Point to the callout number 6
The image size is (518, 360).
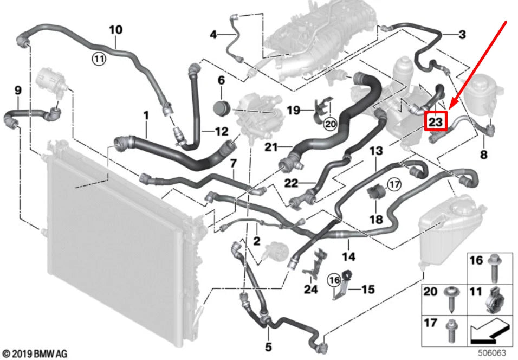pos(221,80)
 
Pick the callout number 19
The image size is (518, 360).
pos(293,110)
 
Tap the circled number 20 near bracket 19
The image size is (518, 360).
pos(330,124)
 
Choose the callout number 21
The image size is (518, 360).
pos(271,146)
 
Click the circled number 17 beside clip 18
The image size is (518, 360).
pos(394,184)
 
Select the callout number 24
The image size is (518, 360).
pos(310,290)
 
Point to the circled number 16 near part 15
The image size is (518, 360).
pos(334,280)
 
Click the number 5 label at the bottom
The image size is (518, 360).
pos(268,346)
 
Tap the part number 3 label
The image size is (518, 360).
pos(462,35)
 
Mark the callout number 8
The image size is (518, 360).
pos(483,155)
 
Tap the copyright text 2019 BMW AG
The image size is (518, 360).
pos(35,353)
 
